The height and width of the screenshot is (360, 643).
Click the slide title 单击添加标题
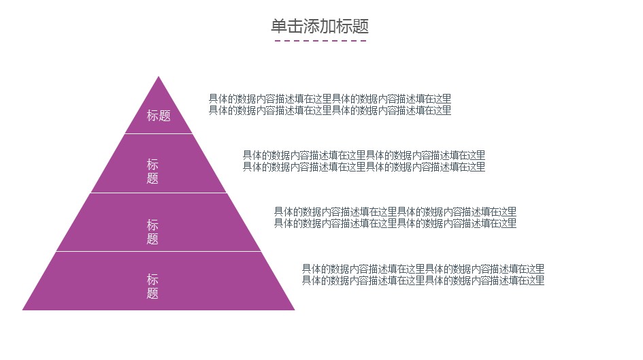pos(320,27)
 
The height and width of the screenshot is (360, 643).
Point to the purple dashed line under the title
pos(320,41)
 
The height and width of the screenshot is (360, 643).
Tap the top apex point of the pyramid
pos(159,76)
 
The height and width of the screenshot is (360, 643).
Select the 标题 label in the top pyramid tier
pos(159,116)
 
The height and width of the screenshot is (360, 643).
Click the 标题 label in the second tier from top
pos(152,171)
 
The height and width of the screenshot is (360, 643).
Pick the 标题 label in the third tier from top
pos(152,231)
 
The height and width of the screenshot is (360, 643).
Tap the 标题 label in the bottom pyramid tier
pos(152,287)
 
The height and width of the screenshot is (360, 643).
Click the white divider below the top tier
pos(159,133)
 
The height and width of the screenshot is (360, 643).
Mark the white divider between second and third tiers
pos(159,193)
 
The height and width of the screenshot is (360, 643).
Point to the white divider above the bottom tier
pos(159,251)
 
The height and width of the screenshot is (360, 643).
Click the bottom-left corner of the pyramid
pos(22,310)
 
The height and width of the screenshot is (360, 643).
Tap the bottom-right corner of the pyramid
pos(295,310)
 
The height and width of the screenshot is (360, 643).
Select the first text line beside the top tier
pos(330,99)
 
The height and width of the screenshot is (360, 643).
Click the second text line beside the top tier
pos(330,110)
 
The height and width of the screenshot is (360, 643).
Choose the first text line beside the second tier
pos(364,155)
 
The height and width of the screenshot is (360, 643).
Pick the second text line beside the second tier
pos(364,167)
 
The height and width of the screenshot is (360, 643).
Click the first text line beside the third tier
pos(395,212)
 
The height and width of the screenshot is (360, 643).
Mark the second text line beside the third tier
pos(395,223)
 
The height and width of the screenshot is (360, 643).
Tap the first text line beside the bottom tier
pos(423,269)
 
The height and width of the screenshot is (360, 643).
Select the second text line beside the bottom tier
pos(423,280)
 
